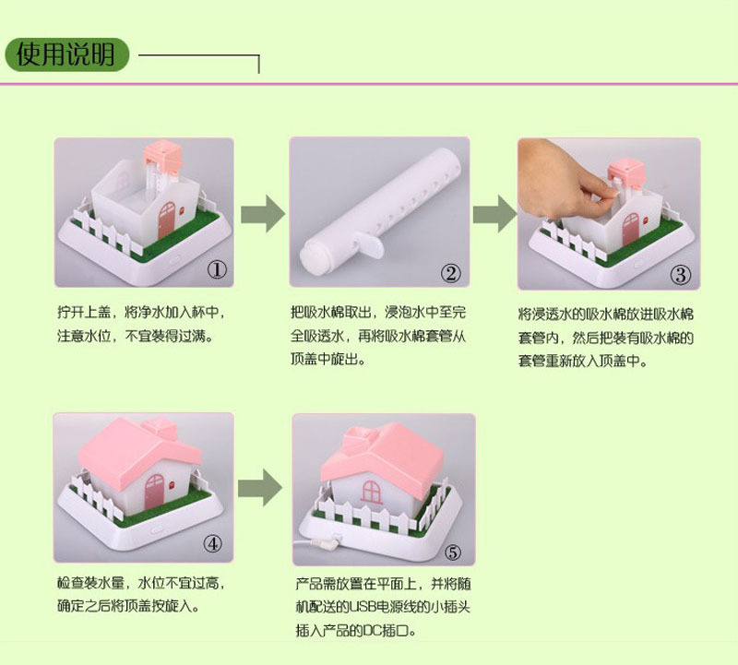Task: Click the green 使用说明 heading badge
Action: click(65, 54)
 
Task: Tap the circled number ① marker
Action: click(216, 270)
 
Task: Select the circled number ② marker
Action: click(450, 273)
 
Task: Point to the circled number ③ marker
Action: click(680, 274)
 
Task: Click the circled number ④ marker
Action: click(214, 544)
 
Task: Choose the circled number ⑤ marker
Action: click(452, 552)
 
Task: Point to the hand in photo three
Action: click(563, 185)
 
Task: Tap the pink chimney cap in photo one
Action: click(161, 151)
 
